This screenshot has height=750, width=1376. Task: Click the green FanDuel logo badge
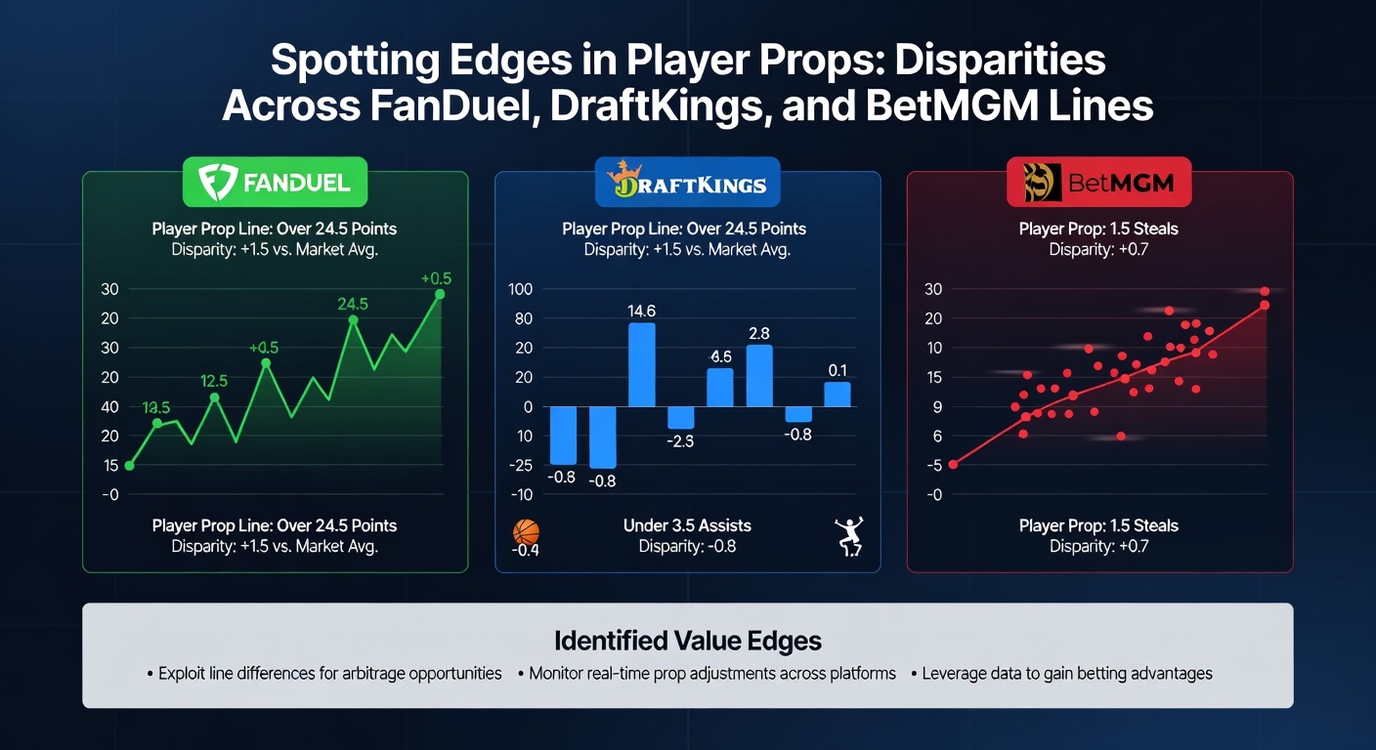[x=275, y=183]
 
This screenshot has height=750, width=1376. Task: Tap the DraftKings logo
[x=686, y=183]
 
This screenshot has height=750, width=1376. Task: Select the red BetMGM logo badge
[x=1098, y=183]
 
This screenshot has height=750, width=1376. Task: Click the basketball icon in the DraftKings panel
[x=526, y=532]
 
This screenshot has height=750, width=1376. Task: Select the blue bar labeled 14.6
[x=641, y=364]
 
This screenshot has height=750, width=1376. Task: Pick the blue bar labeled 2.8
[x=759, y=375]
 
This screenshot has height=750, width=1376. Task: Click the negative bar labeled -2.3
[x=681, y=417]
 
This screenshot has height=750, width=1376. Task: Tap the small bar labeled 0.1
[x=837, y=394]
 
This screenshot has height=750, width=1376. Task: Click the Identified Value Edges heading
[x=687, y=641]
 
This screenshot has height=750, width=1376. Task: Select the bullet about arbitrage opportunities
[x=323, y=674]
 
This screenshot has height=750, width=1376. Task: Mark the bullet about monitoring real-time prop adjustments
[x=706, y=674]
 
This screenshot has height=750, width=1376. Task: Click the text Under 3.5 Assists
[x=687, y=525]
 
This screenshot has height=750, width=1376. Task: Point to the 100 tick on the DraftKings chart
[x=521, y=289]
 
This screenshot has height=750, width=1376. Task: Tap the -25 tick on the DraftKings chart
[x=521, y=466]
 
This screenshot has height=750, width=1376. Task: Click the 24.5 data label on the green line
[x=352, y=304]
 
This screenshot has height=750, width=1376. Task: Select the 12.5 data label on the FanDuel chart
[x=214, y=381]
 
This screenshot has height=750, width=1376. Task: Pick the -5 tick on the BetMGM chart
[x=933, y=466]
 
